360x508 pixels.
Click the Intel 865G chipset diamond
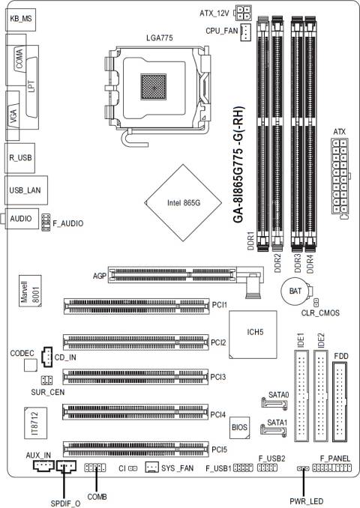click(183, 203)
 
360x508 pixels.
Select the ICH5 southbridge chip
click(253, 335)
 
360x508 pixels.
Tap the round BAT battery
click(295, 291)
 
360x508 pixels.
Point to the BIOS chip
click(240, 428)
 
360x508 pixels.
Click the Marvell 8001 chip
click(30, 291)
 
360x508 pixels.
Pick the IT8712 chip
click(35, 423)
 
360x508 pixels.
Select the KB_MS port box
click(20, 19)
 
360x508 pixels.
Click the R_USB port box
click(19, 158)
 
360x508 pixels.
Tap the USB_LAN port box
click(26, 190)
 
